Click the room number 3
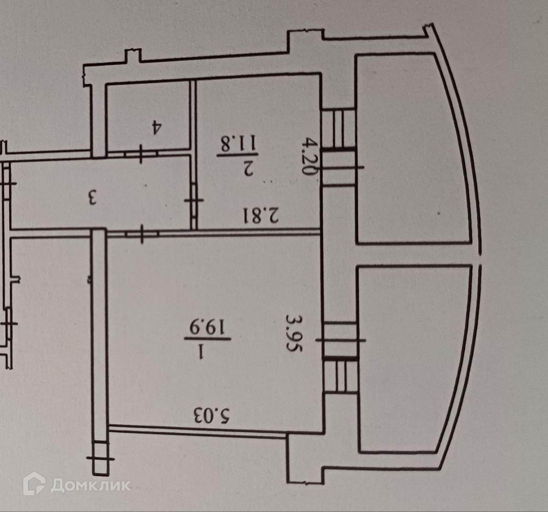click(x=92, y=197)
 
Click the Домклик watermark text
click(x=91, y=485)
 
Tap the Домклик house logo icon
click(x=34, y=484)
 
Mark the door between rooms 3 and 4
click(x=141, y=155)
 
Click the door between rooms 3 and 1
click(x=142, y=233)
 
